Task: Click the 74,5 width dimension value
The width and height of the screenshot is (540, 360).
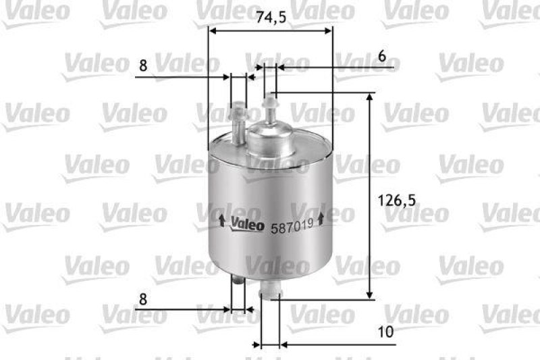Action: (271, 18)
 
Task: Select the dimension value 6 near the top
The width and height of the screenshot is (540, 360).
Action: (382, 57)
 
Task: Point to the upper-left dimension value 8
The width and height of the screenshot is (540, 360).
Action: (142, 66)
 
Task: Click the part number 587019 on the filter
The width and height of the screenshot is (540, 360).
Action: (292, 228)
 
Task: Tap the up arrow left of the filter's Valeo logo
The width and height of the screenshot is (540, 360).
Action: (221, 220)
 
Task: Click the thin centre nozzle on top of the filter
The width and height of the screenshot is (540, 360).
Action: (271, 108)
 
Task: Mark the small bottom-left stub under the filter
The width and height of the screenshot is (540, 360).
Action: (236, 283)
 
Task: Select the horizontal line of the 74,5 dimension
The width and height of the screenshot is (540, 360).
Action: (270, 30)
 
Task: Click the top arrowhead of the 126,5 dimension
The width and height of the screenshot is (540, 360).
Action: (369, 99)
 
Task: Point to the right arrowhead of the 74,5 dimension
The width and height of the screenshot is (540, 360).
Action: (329, 30)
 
